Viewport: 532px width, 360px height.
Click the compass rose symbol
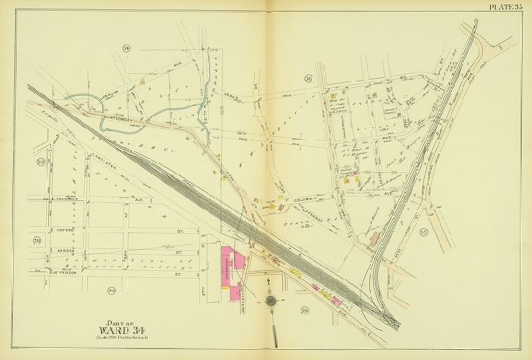coord(271,300)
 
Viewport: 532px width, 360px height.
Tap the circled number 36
coord(307,78)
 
